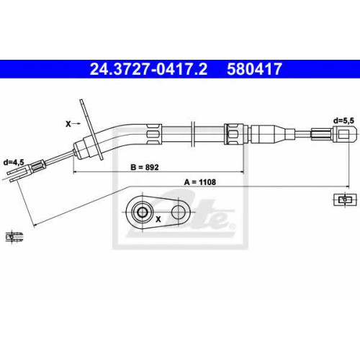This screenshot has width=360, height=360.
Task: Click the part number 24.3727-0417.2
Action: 148,69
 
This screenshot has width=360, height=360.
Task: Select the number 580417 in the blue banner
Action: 254,69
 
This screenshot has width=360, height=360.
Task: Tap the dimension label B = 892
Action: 145,167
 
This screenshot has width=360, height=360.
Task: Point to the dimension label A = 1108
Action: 200,182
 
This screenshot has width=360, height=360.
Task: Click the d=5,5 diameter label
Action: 343,121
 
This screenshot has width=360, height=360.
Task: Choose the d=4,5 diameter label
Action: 14,163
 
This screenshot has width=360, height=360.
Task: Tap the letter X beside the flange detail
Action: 158,219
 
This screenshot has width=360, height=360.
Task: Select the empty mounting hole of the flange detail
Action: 179,212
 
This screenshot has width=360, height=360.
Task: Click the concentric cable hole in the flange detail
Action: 142,212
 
